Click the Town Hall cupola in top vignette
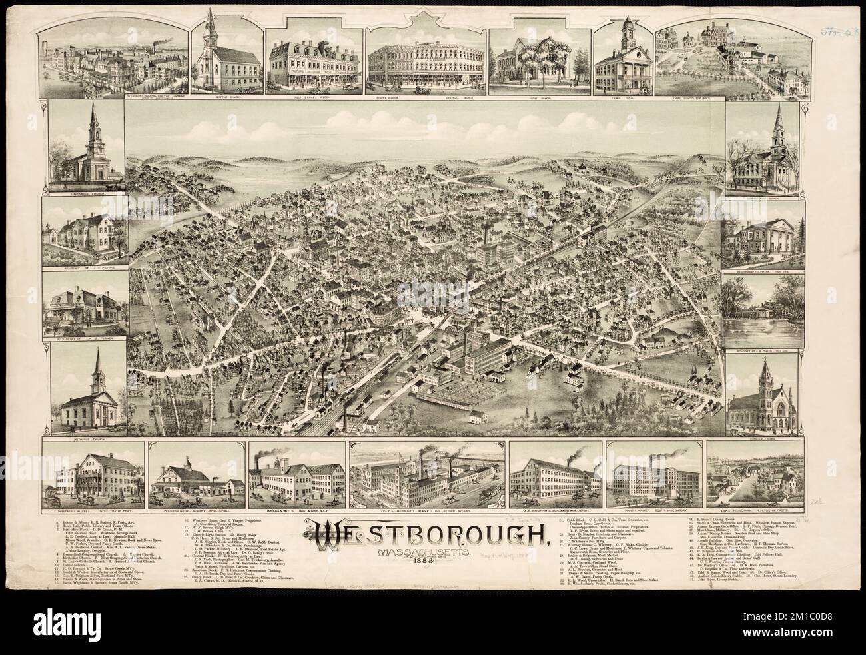628,30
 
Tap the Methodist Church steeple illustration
98,370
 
